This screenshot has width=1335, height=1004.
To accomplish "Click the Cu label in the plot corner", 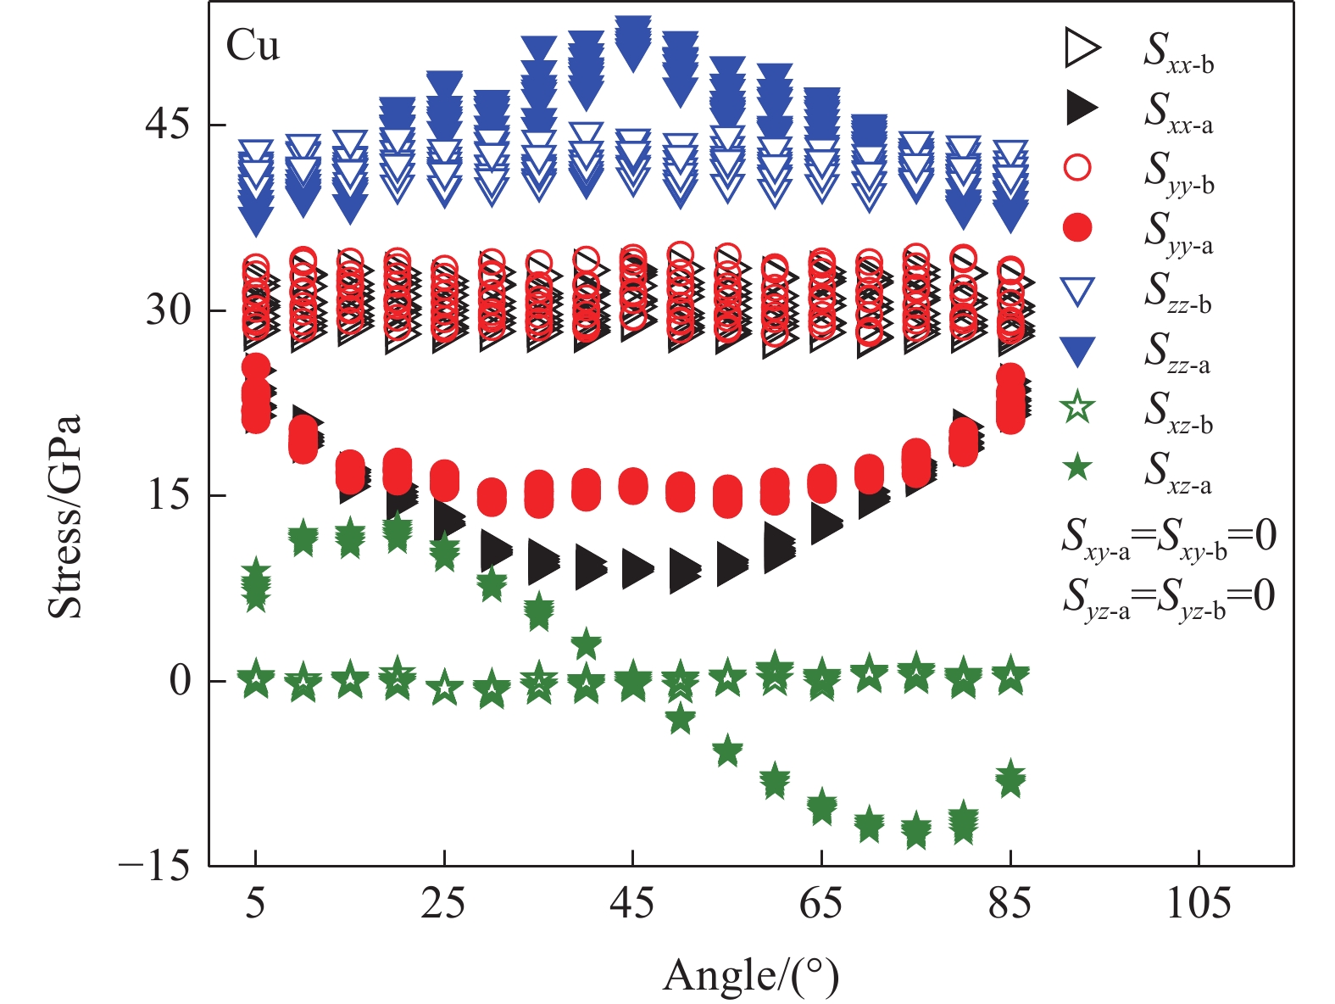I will [x=253, y=46].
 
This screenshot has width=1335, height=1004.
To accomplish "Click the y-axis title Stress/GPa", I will [x=65, y=516].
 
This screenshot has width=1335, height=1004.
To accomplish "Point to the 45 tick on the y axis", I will [x=167, y=125].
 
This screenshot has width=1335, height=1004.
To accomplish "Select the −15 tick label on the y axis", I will [x=155, y=867].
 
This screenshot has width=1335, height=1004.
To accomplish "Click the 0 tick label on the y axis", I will [x=180, y=680].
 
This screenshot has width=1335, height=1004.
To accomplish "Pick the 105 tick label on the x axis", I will [x=1199, y=904].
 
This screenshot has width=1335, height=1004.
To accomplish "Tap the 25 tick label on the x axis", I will [x=444, y=904].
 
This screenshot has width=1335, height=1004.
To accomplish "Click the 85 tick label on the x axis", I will [x=1010, y=904].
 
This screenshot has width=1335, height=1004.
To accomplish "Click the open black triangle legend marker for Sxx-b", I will [x=1079, y=47].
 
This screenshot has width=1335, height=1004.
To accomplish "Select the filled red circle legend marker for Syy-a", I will [x=1077, y=228].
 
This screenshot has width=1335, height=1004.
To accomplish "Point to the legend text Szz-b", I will [x=1178, y=292].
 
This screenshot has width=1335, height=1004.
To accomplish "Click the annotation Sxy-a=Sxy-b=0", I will [x=1169, y=538].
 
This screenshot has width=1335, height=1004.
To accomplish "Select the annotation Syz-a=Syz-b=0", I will [x=1169, y=597].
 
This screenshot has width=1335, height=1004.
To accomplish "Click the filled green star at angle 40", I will [x=586, y=644].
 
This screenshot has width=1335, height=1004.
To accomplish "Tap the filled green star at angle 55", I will [x=727, y=750].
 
